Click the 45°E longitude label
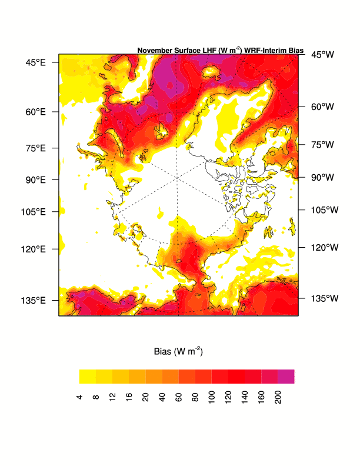[x=35, y=62]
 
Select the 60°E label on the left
[x=35, y=111]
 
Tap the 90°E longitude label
[x=35, y=179]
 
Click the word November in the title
[x=155, y=51]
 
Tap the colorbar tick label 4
[x=79, y=398]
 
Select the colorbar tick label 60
[x=179, y=398]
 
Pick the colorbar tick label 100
[x=212, y=399]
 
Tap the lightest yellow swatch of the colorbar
[x=88, y=376]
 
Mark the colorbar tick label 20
[x=146, y=398]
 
